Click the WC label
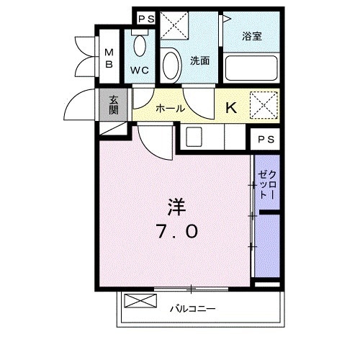[139, 71]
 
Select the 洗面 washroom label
[199, 61]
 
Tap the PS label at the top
[145, 19]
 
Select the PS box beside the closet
[264, 138]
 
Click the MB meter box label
[110, 58]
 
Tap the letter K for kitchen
[232, 108]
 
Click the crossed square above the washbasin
[175, 27]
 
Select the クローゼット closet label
[265, 181]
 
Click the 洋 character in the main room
[176, 208]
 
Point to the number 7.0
[176, 233]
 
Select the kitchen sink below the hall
[192, 135]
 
